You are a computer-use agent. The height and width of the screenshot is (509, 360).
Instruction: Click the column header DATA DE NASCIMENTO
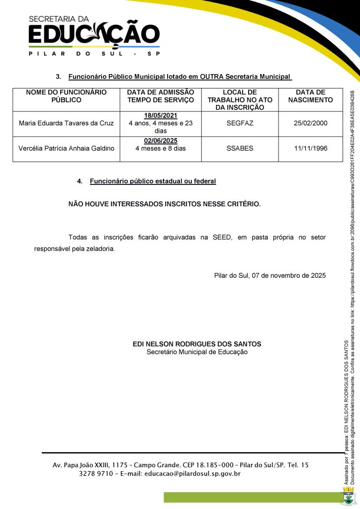[310, 96]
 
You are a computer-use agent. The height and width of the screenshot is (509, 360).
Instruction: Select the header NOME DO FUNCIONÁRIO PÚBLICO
[66, 96]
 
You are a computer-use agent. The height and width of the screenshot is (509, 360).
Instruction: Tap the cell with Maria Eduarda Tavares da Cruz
[66, 123]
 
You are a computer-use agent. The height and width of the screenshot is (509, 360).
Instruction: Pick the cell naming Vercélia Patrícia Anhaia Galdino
[66, 148]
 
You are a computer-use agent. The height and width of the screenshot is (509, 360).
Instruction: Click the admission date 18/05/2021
[161, 115]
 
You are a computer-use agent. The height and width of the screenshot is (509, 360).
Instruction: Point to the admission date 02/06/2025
[161, 141]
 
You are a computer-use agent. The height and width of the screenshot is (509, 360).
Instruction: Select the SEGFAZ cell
[240, 123]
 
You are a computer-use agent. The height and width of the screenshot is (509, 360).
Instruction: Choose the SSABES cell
[240, 148]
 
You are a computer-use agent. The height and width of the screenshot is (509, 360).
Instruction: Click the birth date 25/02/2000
[310, 123]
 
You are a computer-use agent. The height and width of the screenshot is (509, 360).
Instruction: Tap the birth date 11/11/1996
[310, 148]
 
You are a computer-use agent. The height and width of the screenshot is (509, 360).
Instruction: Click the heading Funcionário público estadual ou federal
[153, 181]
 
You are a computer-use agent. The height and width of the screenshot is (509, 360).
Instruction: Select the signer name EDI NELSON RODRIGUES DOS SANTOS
[197, 344]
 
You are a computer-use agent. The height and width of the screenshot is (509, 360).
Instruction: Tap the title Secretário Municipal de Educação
[197, 352]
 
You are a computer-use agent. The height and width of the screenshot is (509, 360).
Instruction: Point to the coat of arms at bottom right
[349, 497]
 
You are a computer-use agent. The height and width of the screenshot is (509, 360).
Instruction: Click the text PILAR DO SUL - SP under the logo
[94, 54]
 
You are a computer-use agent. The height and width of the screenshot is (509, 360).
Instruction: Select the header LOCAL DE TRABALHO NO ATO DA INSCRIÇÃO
[240, 99]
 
